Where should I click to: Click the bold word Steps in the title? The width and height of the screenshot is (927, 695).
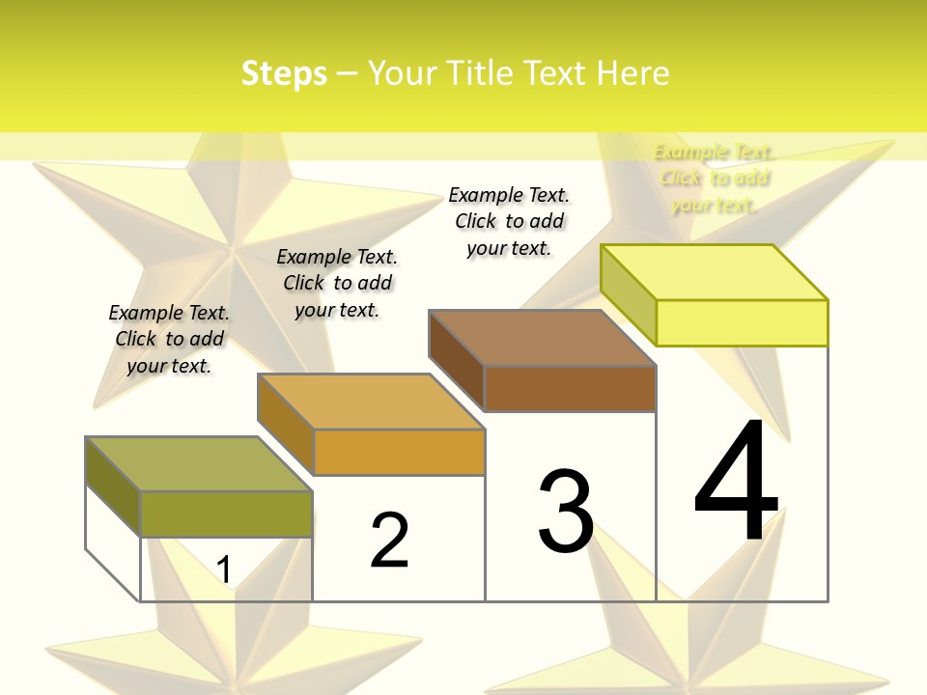click(x=284, y=73)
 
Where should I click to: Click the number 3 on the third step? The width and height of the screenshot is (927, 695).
click(x=566, y=512)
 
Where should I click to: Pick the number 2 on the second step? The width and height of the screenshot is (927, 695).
click(x=390, y=541)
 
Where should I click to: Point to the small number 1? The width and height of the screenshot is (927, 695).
click(x=224, y=570)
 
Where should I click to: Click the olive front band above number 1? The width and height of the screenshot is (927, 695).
click(x=226, y=514)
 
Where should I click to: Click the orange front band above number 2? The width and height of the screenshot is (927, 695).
click(x=398, y=452)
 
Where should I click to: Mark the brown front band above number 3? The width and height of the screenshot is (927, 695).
click(x=570, y=388)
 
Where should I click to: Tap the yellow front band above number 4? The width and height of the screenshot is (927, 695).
click(x=742, y=322)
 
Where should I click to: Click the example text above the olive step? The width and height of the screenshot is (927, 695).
click(x=169, y=339)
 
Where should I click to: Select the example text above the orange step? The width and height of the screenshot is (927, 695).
click(x=337, y=283)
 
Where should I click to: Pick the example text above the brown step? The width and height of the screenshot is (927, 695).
click(x=509, y=221)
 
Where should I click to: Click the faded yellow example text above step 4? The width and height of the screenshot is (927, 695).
click(x=715, y=178)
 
